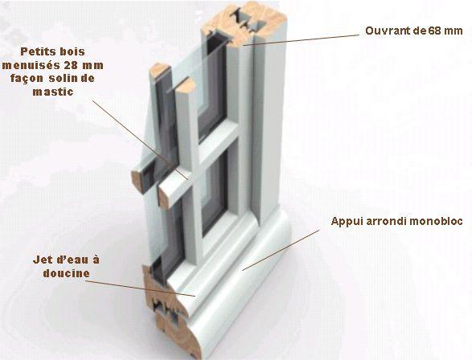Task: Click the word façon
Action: point(27,79)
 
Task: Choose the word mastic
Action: point(53,92)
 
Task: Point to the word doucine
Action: point(67,273)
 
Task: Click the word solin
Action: point(62,79)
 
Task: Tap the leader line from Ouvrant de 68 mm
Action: point(301,39)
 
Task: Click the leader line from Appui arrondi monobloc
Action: point(281,250)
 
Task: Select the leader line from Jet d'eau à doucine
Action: point(140,288)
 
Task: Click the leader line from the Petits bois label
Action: point(140,140)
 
